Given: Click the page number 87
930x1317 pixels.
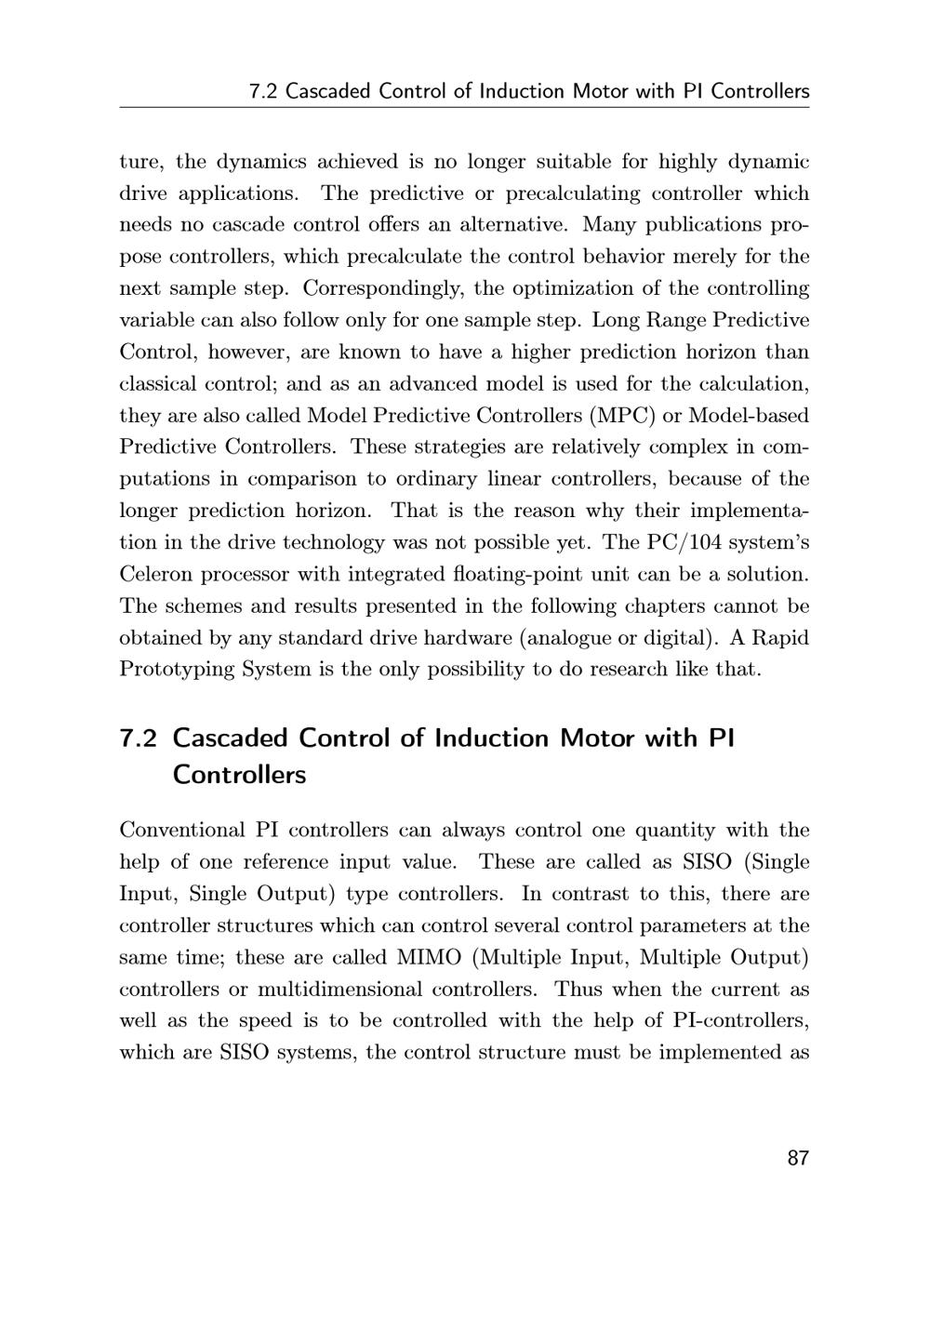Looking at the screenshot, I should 798,1158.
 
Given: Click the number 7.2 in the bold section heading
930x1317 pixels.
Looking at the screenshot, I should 139,738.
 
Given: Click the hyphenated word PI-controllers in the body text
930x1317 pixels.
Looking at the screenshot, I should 739,1021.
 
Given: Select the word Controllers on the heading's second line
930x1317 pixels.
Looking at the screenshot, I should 239,775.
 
